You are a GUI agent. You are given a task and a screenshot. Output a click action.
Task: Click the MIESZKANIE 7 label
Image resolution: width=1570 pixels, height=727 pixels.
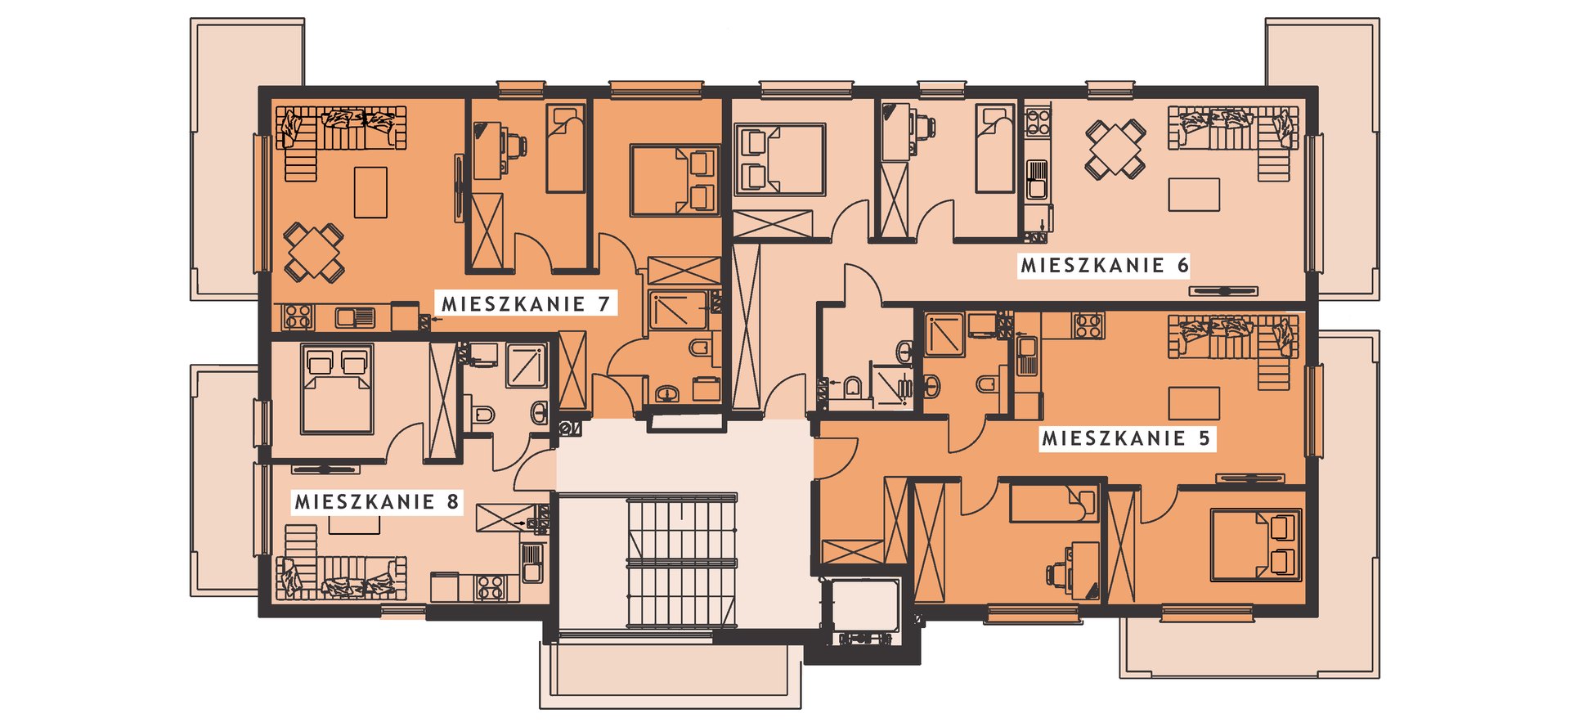[526, 304]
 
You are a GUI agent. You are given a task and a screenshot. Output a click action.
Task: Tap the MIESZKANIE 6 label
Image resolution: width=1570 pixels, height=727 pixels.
[1104, 265]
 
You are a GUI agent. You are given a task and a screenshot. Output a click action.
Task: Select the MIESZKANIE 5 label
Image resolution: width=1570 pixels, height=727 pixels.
[1126, 438]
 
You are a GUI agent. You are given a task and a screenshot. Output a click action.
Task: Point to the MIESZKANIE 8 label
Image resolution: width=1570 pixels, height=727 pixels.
[377, 501]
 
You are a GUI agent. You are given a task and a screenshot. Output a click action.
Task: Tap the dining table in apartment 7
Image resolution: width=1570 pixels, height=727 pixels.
[313, 251]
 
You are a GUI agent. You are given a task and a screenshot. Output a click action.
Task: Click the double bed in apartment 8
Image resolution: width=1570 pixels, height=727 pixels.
[337, 388]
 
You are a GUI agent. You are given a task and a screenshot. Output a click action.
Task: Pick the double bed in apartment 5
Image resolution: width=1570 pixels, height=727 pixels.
[1256, 545]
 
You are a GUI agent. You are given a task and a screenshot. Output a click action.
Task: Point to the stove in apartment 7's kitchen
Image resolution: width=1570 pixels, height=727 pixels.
[298, 316]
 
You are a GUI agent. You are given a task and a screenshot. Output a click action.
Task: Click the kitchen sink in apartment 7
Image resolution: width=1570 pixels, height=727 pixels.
[355, 316]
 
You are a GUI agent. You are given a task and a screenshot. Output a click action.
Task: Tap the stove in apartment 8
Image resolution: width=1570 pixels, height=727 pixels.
[490, 587]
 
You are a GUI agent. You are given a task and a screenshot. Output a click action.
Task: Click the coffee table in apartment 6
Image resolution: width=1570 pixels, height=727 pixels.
[1194, 195]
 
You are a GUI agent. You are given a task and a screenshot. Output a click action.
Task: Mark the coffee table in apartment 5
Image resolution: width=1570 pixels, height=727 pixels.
[1194, 404]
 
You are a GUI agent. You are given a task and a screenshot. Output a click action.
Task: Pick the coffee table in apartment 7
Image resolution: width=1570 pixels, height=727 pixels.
[370, 192]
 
